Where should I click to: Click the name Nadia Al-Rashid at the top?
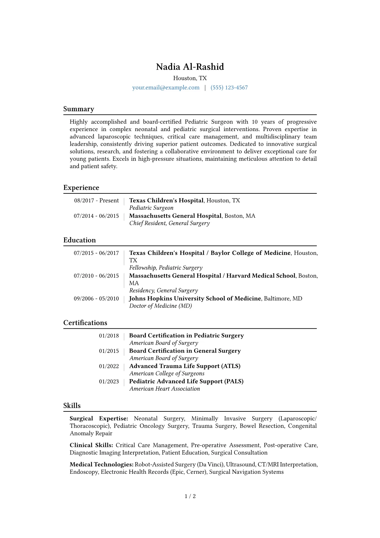coord(190,67)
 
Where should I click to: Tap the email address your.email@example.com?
coord(166,88)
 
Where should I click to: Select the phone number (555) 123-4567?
coord(229,88)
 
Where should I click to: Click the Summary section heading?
coord(79,109)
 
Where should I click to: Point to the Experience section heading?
coord(81,188)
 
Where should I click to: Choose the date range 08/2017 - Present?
coord(96,200)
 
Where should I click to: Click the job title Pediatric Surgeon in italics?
coord(151,208)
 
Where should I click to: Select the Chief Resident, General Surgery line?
coord(169,223)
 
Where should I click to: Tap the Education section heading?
coord(80,240)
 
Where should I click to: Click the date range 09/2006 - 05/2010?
coord(96,299)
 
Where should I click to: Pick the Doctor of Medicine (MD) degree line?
coord(160,306)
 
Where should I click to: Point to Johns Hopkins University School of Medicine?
coord(195,299)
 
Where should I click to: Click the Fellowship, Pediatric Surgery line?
coord(166,268)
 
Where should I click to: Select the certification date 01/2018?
coord(109,336)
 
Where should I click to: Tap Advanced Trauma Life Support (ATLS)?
coord(185,366)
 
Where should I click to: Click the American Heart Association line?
coord(164,389)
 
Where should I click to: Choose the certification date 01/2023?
coord(109,382)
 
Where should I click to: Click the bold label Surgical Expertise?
coord(99,419)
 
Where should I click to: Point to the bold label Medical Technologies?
coord(102,464)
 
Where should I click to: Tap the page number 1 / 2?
coord(190,496)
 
